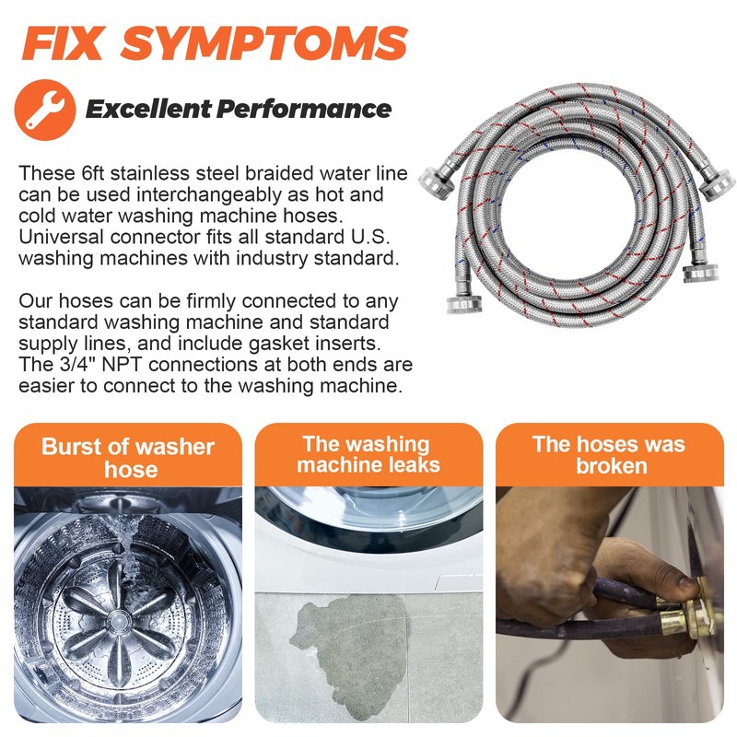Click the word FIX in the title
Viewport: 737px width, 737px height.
pos(63,43)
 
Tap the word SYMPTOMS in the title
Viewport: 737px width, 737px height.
pos(264,43)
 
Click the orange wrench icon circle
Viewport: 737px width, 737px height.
pos(45,110)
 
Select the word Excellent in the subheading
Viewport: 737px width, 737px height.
pos(148,109)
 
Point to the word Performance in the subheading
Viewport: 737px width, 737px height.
pos(304,109)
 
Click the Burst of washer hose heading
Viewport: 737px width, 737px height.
pos(128,457)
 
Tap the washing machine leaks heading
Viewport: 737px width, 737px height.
pos(368,454)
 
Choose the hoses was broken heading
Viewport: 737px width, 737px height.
pos(609,455)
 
